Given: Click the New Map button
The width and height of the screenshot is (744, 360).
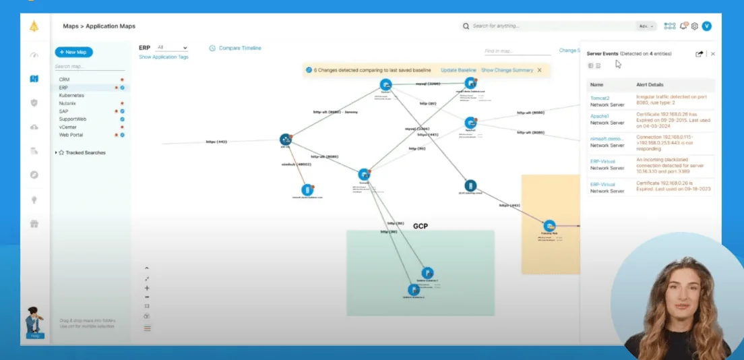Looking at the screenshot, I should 74,52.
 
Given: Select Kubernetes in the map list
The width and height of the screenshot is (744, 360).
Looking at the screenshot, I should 71,96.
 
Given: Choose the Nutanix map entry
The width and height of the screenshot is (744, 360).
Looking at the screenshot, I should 67,103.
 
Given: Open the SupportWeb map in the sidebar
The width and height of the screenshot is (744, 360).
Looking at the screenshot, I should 72,119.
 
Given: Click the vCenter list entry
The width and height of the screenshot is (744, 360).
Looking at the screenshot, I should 68,127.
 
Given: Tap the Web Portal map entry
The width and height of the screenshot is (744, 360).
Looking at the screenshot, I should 71,135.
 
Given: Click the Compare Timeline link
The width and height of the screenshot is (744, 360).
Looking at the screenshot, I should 239,48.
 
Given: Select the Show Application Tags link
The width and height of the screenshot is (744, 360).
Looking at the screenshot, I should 164,57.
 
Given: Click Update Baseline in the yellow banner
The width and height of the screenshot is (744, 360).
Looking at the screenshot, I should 458,70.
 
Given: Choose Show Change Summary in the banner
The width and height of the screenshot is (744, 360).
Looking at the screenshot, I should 507,70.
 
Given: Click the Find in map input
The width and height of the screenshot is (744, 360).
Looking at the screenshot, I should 516,51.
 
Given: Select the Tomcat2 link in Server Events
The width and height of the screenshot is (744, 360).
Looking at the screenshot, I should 600,98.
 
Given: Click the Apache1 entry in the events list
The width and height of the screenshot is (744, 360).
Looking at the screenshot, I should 600,116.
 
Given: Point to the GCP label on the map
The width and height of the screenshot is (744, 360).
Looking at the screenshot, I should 421,227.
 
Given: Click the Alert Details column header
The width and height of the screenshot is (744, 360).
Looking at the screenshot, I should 650,85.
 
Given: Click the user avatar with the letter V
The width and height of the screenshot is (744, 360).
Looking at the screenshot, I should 706,26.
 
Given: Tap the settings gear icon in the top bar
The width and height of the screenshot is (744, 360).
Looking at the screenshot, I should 694,26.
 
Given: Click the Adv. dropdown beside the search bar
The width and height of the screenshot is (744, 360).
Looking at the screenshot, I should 646,26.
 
